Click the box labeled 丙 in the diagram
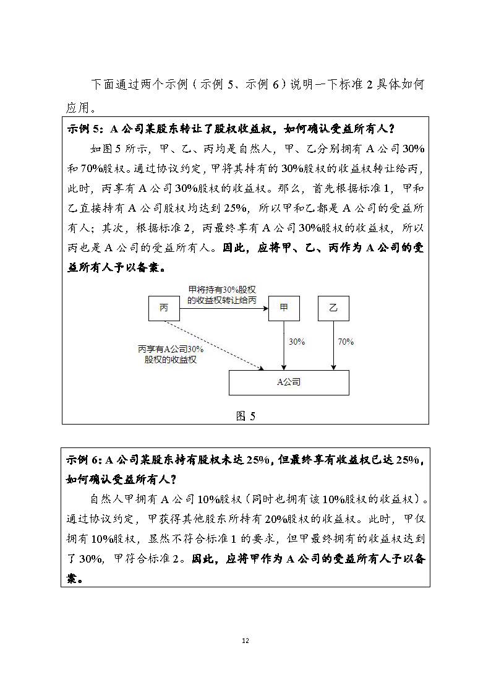tap(164, 308)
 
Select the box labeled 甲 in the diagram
tap(284, 308)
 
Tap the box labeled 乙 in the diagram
tap(333, 308)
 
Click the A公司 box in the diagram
tap(289, 382)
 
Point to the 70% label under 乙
tap(346, 342)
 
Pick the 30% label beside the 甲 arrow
tap(297, 342)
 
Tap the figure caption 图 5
tap(246, 416)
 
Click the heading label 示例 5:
tap(86, 129)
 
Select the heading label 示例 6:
tap(85, 459)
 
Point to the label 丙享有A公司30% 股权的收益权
tap(171, 355)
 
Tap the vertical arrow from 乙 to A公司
tap(333, 345)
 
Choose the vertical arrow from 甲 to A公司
tap(284, 345)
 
